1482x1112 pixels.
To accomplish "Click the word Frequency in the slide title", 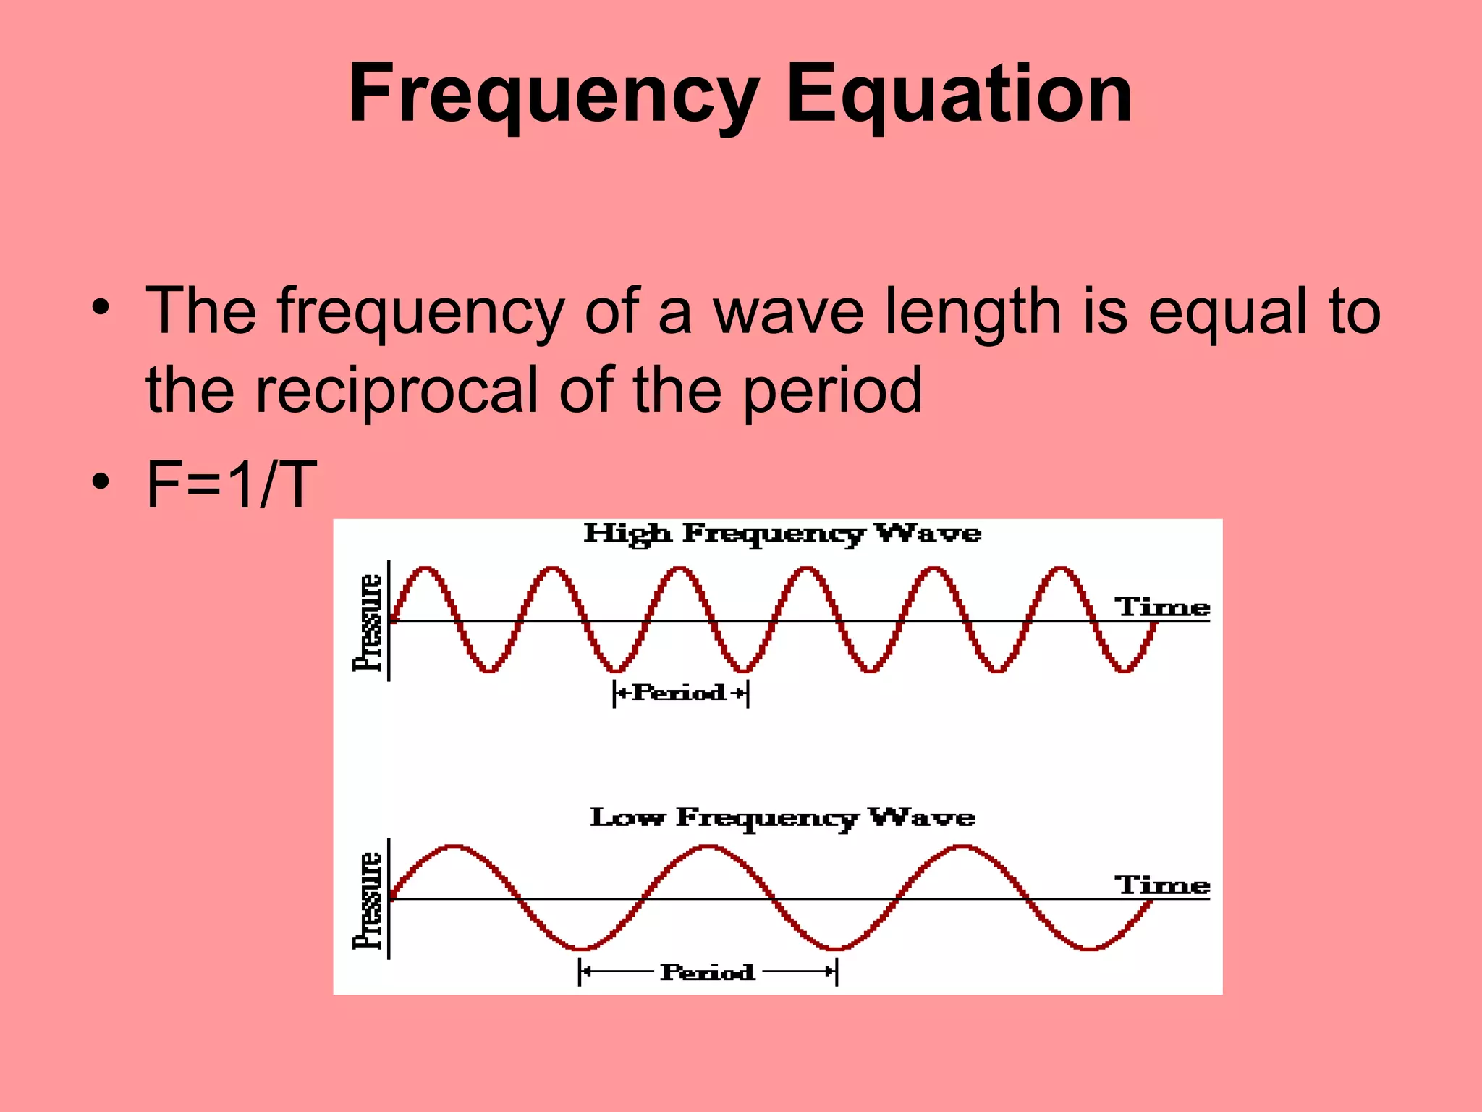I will [554, 94].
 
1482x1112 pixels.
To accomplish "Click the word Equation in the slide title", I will [959, 94].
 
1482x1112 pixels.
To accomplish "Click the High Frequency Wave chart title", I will [782, 534].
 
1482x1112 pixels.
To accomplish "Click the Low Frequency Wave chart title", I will [782, 817].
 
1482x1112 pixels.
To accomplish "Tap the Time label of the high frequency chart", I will [1161, 607].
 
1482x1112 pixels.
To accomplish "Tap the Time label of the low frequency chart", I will [1161, 885].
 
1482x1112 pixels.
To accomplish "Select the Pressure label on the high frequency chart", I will [368, 623].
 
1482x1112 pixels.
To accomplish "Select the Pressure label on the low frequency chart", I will [368, 901].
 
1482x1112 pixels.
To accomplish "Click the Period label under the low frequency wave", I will [707, 972].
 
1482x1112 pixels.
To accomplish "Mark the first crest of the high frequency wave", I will [425, 569].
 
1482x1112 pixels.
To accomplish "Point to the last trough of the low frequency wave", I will [1089, 948].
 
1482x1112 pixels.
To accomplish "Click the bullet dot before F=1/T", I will [101, 481].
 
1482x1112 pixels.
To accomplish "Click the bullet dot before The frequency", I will [101, 308].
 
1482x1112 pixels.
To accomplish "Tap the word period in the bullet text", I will [832, 391].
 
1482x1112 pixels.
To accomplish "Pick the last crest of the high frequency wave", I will [1061, 569].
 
